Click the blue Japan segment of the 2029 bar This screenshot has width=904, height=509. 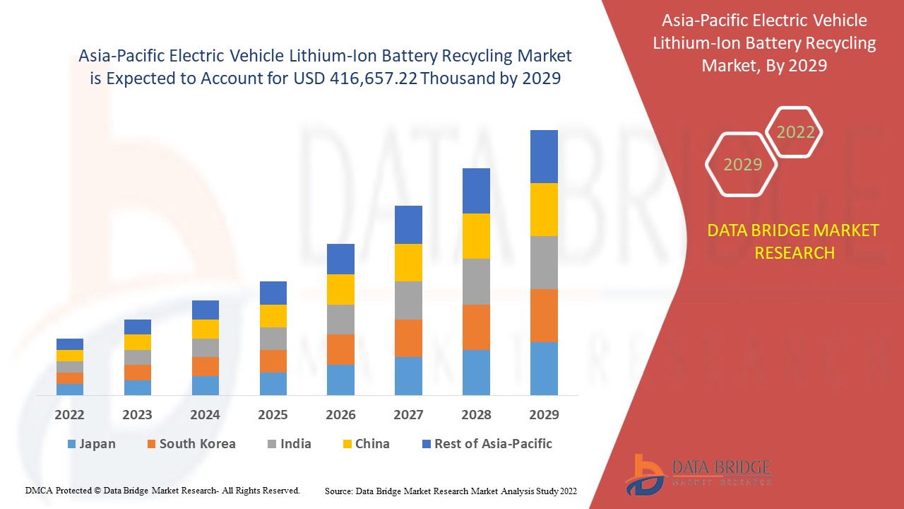544,368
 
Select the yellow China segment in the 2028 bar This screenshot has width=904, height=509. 476,235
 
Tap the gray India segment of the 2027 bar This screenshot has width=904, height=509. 408,300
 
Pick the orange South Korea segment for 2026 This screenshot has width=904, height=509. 340,349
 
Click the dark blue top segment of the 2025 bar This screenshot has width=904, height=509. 273,293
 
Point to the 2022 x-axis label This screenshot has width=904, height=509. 69,415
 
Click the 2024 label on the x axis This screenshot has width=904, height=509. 205,415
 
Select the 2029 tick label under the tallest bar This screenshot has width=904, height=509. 544,415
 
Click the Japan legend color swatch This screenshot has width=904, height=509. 71,445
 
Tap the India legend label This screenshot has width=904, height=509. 295,444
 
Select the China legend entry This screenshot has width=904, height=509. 372,444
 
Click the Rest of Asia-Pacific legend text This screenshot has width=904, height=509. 493,444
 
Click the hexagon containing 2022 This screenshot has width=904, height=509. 795,132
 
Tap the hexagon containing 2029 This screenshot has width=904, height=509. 742,165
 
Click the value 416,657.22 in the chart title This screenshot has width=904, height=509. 373,78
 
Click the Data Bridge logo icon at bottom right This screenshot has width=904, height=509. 644,473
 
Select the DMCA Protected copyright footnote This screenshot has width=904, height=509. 162,490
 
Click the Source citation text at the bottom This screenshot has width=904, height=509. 451,491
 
